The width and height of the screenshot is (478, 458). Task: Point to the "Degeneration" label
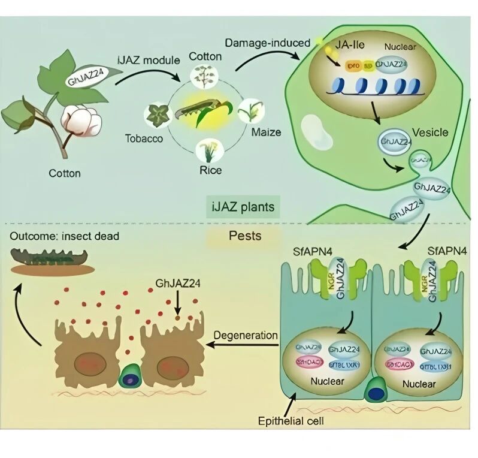point(248,335)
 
